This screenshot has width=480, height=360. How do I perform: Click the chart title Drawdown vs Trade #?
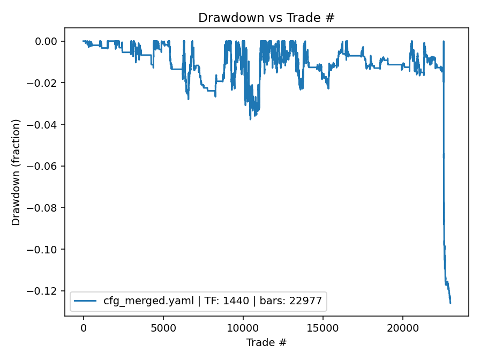click(266, 18)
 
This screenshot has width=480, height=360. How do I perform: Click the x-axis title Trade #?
click(266, 342)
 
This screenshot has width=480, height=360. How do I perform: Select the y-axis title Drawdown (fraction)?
click(16, 172)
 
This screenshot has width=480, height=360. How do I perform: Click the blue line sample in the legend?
click(86, 301)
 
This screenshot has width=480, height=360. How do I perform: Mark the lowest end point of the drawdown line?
click(450, 303)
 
